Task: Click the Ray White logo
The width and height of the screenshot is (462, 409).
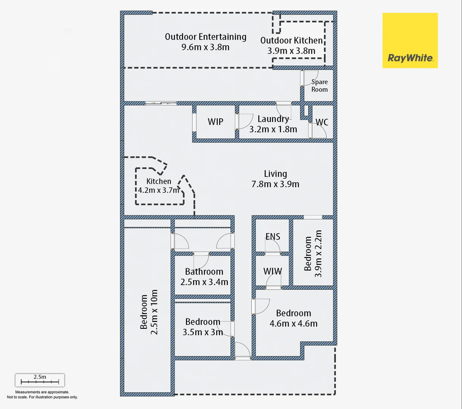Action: [410, 41]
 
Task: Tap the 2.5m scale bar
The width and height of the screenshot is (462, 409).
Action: [40, 380]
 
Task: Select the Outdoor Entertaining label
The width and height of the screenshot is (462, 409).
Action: [205, 37]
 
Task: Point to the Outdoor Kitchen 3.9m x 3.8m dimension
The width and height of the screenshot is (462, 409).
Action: [291, 51]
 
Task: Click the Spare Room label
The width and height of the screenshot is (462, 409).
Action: [319, 86]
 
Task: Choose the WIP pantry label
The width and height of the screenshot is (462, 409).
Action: [215, 122]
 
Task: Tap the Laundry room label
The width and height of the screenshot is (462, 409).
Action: [273, 119]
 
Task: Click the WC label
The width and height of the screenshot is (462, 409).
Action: [322, 122]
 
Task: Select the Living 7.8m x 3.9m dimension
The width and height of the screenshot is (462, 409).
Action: [275, 184]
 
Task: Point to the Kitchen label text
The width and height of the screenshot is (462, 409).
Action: [159, 181]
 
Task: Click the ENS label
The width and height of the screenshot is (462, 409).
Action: [273, 237]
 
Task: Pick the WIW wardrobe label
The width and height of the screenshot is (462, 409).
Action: [273, 271]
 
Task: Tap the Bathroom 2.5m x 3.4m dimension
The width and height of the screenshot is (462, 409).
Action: [204, 282]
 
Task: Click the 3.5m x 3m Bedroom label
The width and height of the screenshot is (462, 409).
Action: [203, 327]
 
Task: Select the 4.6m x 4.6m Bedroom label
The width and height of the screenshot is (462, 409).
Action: [293, 318]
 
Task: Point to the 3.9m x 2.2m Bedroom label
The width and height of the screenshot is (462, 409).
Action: [313, 254]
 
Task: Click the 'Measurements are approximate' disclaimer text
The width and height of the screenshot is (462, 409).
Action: [42, 392]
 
